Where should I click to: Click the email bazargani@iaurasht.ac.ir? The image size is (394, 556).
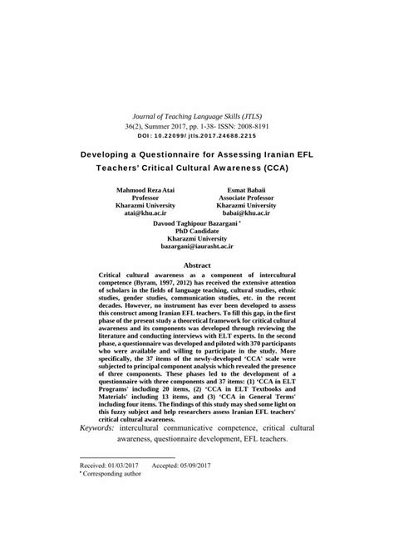pyautogui.click(x=196, y=248)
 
